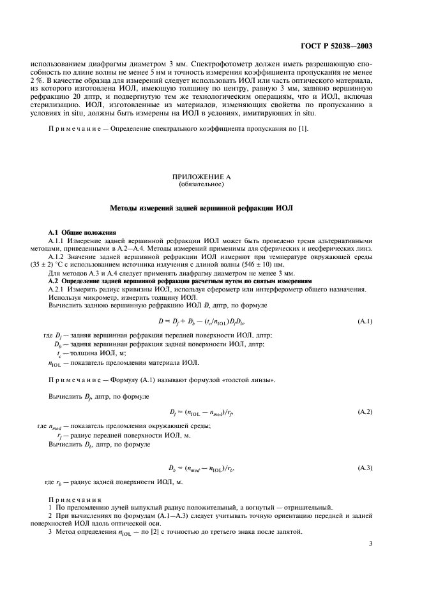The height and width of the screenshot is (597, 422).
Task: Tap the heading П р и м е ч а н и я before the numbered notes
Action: pos(74,498)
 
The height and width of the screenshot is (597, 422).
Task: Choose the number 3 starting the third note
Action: pos(50,532)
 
